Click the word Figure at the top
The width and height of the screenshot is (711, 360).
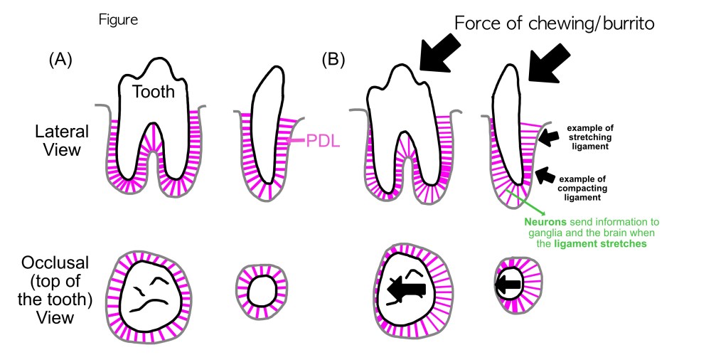[x=118, y=20]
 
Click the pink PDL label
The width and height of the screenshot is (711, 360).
[x=322, y=142]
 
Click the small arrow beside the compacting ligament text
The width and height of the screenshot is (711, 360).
[x=545, y=175]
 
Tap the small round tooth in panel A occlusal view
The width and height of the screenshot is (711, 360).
[x=260, y=290]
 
